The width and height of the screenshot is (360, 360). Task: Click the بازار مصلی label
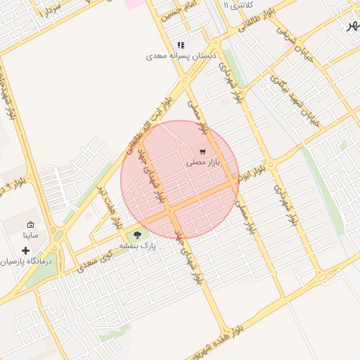pos(203,162)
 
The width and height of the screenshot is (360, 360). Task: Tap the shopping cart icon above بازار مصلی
pos(202,150)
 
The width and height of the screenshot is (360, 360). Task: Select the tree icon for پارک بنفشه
pos(136,236)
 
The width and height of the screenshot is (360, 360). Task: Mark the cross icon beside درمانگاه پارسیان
pos(26,250)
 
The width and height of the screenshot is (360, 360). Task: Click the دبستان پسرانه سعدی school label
pos(180,55)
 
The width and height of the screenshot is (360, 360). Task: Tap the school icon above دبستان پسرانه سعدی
pos(181,45)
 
